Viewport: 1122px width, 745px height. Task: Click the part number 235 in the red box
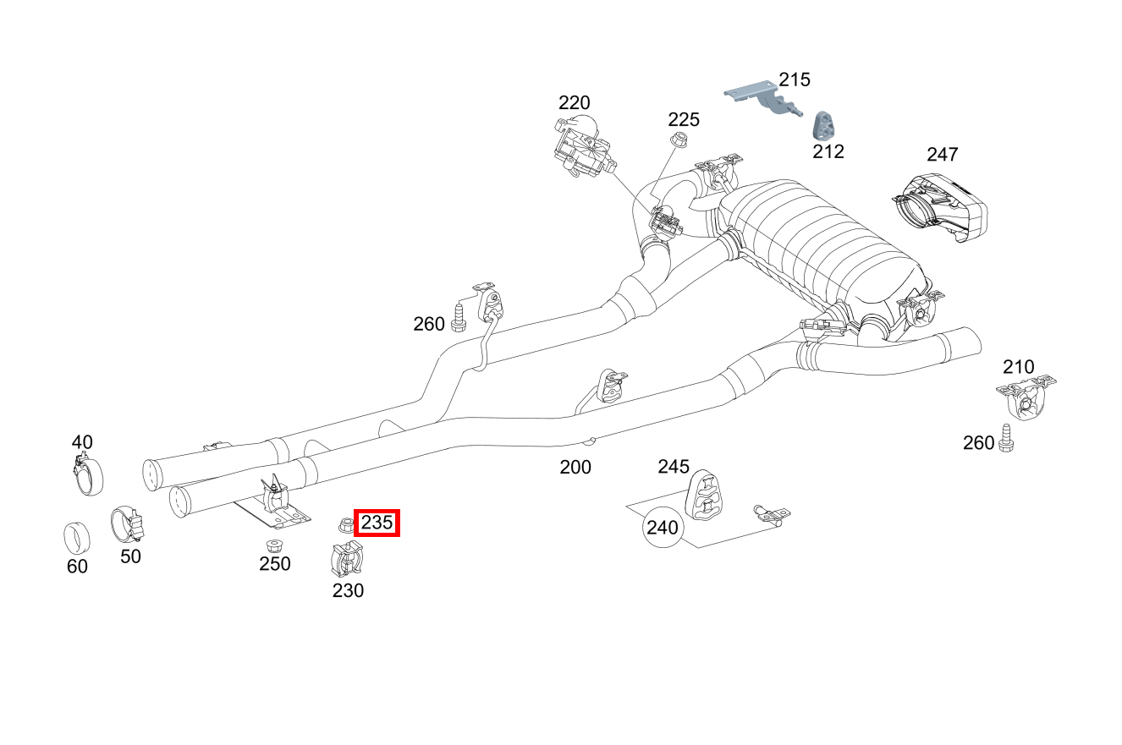pyautogui.click(x=377, y=523)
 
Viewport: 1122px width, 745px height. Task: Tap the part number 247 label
pyautogui.click(x=942, y=155)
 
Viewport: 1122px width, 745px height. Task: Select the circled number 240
pyautogui.click(x=663, y=528)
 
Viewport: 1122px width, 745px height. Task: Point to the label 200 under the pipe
pyautogui.click(x=575, y=467)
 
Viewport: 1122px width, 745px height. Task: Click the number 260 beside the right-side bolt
pyautogui.click(x=979, y=442)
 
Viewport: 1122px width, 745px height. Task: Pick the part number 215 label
pyautogui.click(x=795, y=79)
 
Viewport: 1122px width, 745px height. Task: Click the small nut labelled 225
pyautogui.click(x=678, y=140)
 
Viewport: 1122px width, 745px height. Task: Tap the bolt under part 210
pyautogui.click(x=1007, y=437)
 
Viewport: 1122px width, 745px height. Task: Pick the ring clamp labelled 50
pyautogui.click(x=128, y=525)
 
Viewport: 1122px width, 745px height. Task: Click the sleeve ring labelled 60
pyautogui.click(x=77, y=537)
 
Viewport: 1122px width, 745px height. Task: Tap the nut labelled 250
pyautogui.click(x=273, y=545)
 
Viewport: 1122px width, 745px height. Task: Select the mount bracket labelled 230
pyautogui.click(x=347, y=560)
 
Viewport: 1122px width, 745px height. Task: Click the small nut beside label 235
pyautogui.click(x=345, y=525)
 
